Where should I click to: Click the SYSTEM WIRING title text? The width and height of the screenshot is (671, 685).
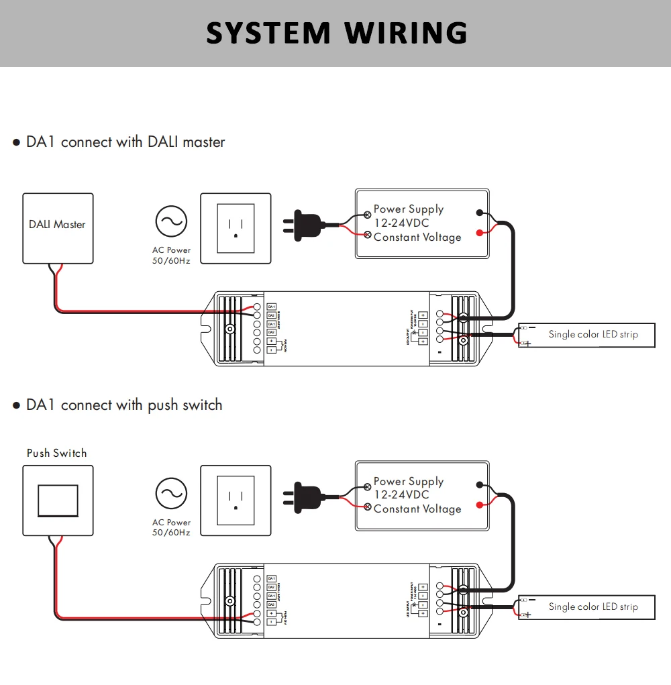tap(336, 33)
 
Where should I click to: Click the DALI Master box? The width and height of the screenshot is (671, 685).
tap(58, 228)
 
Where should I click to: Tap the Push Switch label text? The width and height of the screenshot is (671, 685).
tap(57, 453)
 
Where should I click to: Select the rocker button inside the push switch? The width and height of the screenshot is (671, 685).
tap(58, 500)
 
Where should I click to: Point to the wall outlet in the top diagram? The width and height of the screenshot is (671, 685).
tap(236, 228)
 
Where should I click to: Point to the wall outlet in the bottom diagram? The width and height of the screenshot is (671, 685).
tap(236, 500)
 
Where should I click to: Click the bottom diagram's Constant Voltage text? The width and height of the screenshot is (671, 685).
tap(417, 509)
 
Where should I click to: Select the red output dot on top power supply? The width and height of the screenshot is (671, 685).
tap(479, 233)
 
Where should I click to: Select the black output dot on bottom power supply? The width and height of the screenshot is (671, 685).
tap(479, 485)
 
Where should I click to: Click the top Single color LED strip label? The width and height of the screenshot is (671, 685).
tap(592, 334)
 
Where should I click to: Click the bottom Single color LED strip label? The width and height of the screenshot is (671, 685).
tap(592, 607)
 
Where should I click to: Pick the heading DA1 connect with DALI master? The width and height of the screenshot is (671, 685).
tap(125, 142)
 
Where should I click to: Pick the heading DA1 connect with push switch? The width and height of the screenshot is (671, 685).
tap(124, 405)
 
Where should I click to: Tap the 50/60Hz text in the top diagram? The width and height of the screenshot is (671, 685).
tap(171, 260)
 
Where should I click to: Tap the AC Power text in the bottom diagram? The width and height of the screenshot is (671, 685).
tap(171, 523)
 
